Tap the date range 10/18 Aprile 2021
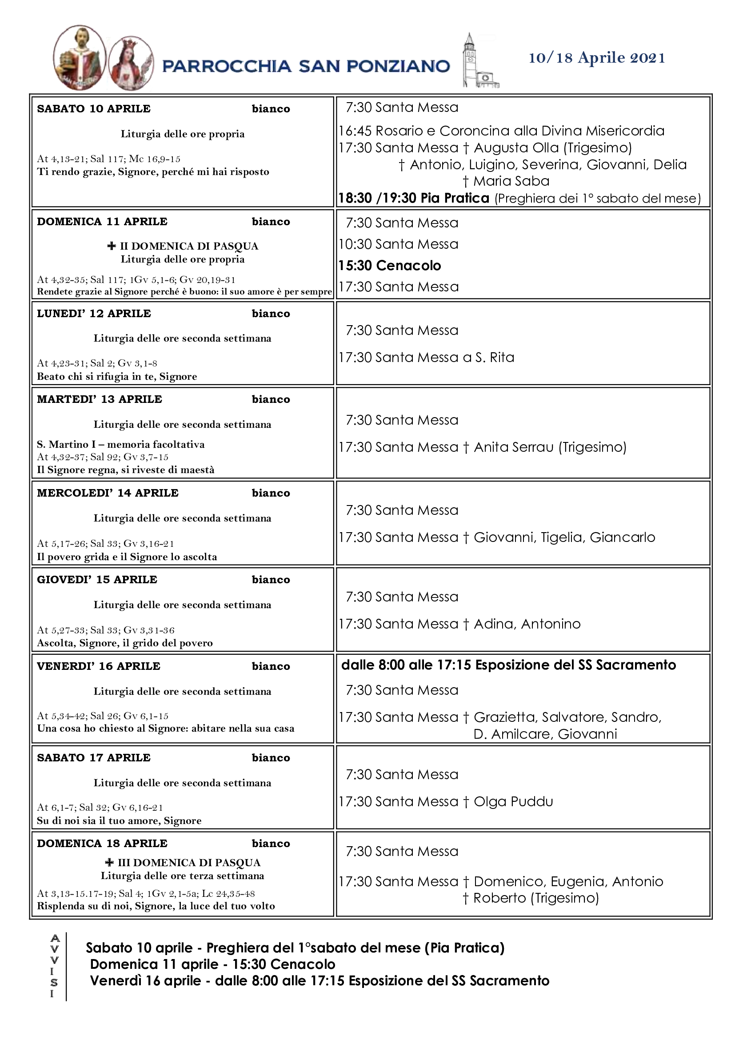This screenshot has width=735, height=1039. click(596, 58)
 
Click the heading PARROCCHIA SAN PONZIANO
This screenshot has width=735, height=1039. click(306, 67)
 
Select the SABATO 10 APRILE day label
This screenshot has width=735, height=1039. click(94, 109)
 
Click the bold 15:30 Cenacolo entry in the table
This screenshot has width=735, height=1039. click(390, 266)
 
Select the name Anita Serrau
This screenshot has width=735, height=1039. click(513, 447)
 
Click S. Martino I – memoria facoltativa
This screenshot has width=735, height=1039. click(120, 444)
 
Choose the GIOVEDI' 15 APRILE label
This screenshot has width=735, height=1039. click(97, 580)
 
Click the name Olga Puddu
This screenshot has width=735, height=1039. click(513, 801)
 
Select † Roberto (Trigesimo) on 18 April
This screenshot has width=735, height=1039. click(531, 898)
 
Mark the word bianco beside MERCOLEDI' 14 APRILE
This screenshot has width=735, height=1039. click(271, 493)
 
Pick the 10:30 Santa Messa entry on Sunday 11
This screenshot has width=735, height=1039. click(398, 244)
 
